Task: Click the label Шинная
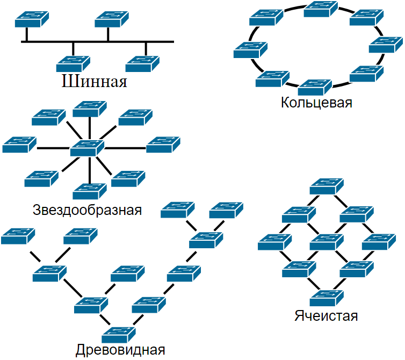click(x=95, y=82)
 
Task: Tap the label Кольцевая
click(x=316, y=102)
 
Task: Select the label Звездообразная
click(x=87, y=210)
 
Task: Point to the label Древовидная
click(x=120, y=350)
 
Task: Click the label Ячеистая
click(x=326, y=315)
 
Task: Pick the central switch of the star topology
click(x=87, y=148)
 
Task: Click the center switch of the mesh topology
click(x=327, y=242)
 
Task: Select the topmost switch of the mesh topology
click(x=327, y=186)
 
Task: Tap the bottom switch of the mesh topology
click(x=327, y=297)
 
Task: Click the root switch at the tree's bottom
click(x=117, y=334)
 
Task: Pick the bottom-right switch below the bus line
click(x=143, y=64)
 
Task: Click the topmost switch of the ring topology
click(x=321, y=9)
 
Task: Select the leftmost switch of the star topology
click(x=19, y=145)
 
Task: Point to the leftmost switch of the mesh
click(x=274, y=242)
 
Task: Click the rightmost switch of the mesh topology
click(x=379, y=242)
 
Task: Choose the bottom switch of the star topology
click(x=89, y=191)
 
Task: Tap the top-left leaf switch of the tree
click(x=18, y=236)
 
